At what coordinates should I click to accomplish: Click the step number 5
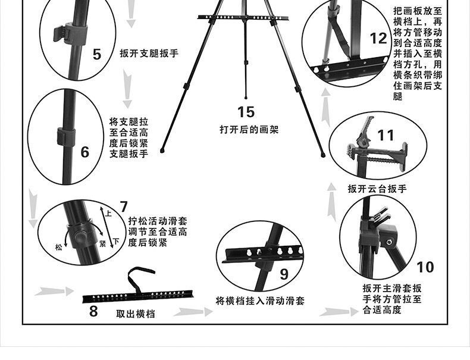97,54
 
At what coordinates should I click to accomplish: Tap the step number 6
85,152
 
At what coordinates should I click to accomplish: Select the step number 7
123,207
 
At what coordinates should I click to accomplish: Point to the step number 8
93,310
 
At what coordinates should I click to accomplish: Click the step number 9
284,273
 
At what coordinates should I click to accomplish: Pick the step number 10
425,266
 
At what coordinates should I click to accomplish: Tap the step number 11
386,135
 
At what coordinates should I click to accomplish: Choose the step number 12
378,39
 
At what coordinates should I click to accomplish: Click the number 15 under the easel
246,111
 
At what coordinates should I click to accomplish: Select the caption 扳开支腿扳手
149,53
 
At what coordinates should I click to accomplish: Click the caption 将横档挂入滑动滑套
260,301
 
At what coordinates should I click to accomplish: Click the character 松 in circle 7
58,246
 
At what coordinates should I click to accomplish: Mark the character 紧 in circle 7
102,244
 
